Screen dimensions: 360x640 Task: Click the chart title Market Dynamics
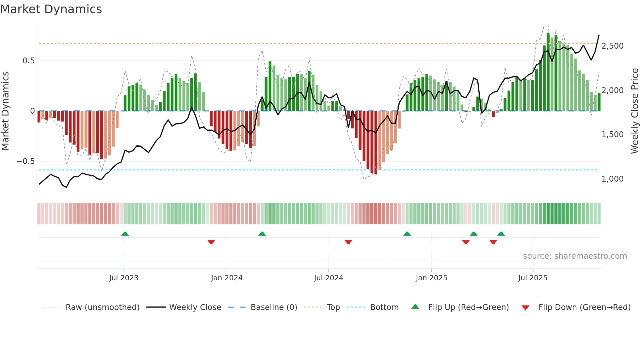click(51, 9)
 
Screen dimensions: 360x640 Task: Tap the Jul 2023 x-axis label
click(124, 278)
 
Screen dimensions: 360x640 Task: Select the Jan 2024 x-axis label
click(227, 278)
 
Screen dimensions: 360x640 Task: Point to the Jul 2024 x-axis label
click(328, 278)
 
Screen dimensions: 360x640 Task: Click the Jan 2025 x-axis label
click(431, 278)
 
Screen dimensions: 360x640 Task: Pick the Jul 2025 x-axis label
click(533, 278)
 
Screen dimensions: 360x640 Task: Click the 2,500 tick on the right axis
click(613, 46)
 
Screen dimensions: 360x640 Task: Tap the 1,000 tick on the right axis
click(613, 179)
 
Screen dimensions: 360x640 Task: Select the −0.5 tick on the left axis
click(25, 161)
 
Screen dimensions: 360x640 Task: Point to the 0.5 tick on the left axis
click(28, 61)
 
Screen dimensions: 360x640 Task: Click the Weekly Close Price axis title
click(634, 111)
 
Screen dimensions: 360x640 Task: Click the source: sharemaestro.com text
click(575, 256)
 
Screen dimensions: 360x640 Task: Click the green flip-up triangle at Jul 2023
click(125, 234)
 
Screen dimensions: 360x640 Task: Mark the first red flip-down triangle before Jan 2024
click(211, 242)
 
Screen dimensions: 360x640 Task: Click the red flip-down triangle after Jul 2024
click(348, 242)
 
